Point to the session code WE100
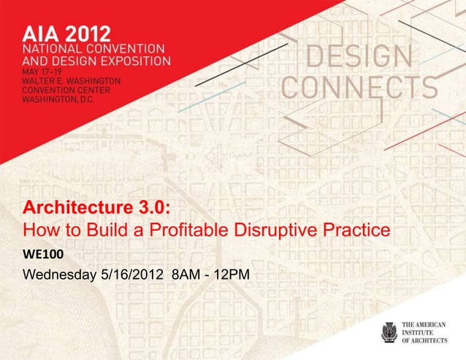coord(42,257)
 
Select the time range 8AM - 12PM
coord(212,276)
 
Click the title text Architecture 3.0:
coord(98,207)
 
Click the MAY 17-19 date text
coord(43,72)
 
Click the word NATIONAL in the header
coord(52,50)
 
